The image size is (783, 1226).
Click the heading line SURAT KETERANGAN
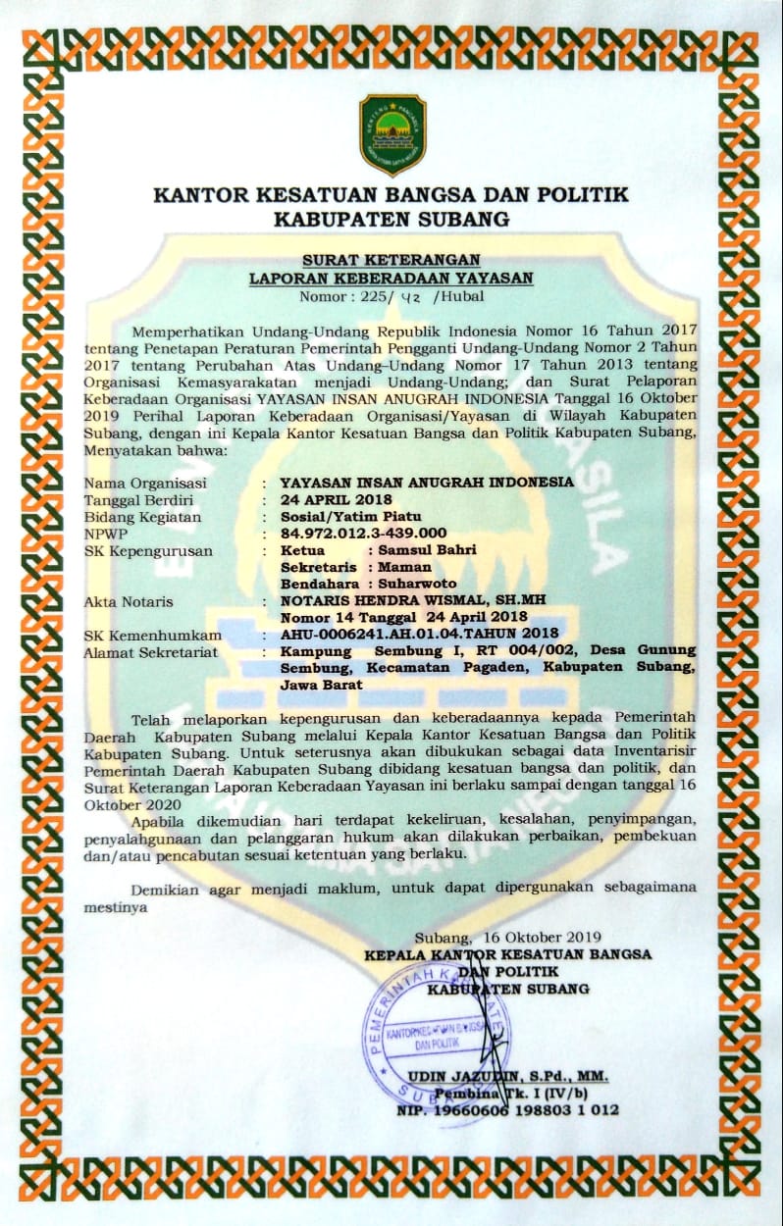click(x=391, y=260)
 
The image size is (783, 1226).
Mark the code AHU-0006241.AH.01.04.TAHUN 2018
click(x=419, y=635)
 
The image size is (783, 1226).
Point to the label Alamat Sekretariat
click(x=150, y=651)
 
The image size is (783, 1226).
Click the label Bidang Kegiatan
click(x=142, y=517)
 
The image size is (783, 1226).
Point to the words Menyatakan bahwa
click(x=155, y=449)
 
